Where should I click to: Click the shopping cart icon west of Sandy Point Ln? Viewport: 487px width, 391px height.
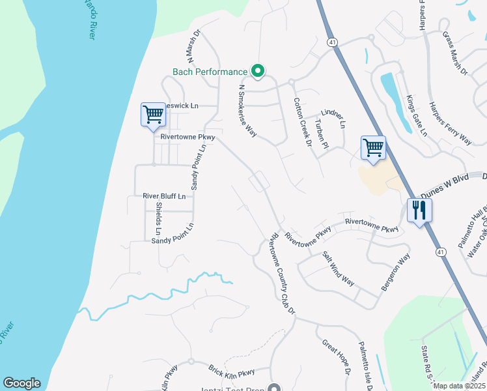coord(153,115)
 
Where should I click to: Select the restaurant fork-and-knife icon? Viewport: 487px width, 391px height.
coord(419,210)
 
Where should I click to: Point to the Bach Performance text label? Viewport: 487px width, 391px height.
coord(210,72)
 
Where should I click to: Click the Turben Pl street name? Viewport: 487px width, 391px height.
coord(319,134)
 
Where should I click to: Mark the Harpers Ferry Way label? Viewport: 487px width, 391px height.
coord(450,123)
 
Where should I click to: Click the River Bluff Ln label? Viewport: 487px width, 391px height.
coord(164,195)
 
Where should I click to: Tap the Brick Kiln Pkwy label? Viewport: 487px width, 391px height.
coord(231,373)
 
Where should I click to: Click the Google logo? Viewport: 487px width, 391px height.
coord(21,383)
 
